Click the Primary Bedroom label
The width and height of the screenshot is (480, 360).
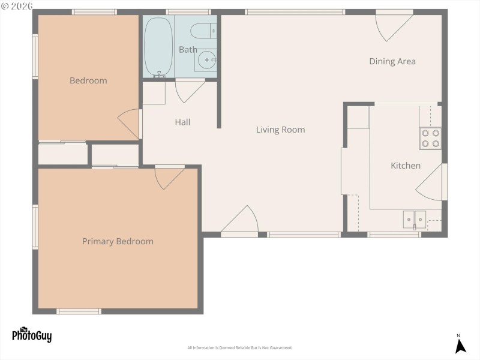tap(118, 242)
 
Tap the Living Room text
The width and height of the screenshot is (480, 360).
tap(280, 130)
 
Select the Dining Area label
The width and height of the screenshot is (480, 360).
tap(392, 61)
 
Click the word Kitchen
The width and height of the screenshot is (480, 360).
tap(406, 166)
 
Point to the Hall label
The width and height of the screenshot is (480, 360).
tap(182, 122)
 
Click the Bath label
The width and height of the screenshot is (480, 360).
tap(188, 50)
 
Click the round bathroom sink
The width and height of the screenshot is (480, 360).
tap(206, 59)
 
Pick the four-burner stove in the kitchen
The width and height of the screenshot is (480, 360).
tap(430, 138)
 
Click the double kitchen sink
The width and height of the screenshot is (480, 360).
tap(415, 220)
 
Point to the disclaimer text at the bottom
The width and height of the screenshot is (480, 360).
tap(240, 348)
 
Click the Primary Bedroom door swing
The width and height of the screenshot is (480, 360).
tap(169, 178)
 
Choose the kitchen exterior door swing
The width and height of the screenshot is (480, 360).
tap(431, 184)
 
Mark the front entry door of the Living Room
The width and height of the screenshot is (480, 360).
tap(241, 221)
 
